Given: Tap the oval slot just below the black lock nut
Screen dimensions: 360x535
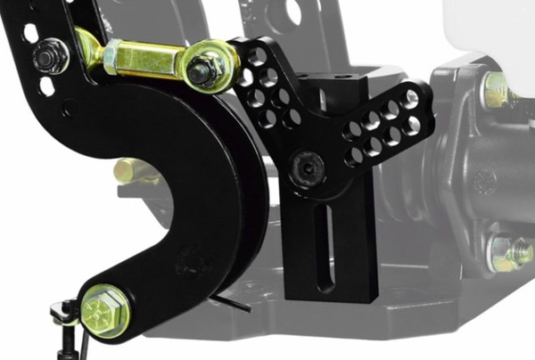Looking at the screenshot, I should coord(46,86).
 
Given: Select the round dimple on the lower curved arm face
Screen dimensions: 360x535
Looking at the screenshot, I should coord(188,264).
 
